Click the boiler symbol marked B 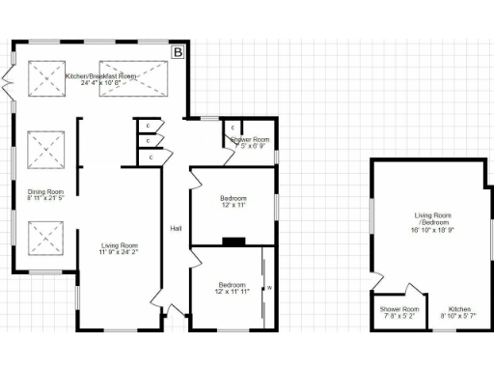[177, 53]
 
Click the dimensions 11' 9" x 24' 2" [120, 253]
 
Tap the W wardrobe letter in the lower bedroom [269, 288]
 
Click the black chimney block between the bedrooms [234, 242]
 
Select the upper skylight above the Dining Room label [43, 150]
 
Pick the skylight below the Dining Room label [43, 238]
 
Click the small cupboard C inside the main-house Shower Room [233, 127]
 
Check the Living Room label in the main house [120, 245]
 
